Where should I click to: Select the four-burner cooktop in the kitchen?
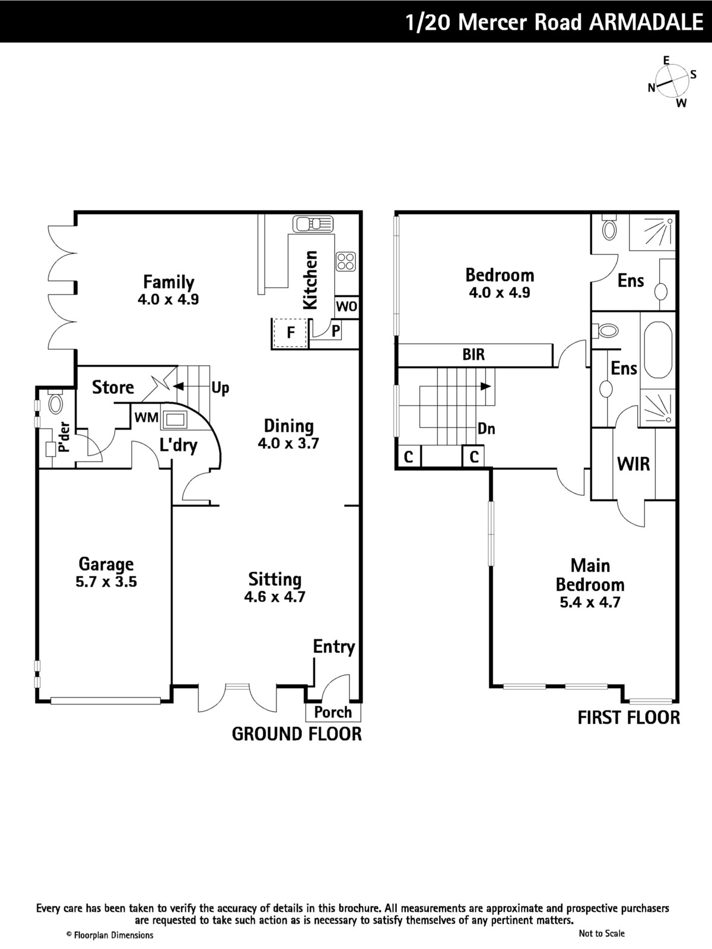(x=346, y=262)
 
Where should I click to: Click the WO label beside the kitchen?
(x=347, y=307)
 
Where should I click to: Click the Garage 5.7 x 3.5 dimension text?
(x=106, y=581)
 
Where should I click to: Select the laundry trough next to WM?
(x=174, y=419)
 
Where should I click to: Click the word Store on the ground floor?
(x=113, y=387)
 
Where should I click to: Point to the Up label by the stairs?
(x=220, y=388)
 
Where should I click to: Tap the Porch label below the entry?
(x=333, y=712)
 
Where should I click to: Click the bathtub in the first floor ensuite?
(x=658, y=350)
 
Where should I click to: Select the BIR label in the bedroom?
(x=473, y=355)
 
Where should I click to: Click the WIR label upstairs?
(x=633, y=464)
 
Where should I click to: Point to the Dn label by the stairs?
(x=487, y=429)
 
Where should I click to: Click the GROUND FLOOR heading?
(x=297, y=734)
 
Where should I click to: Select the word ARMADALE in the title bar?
(x=646, y=22)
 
